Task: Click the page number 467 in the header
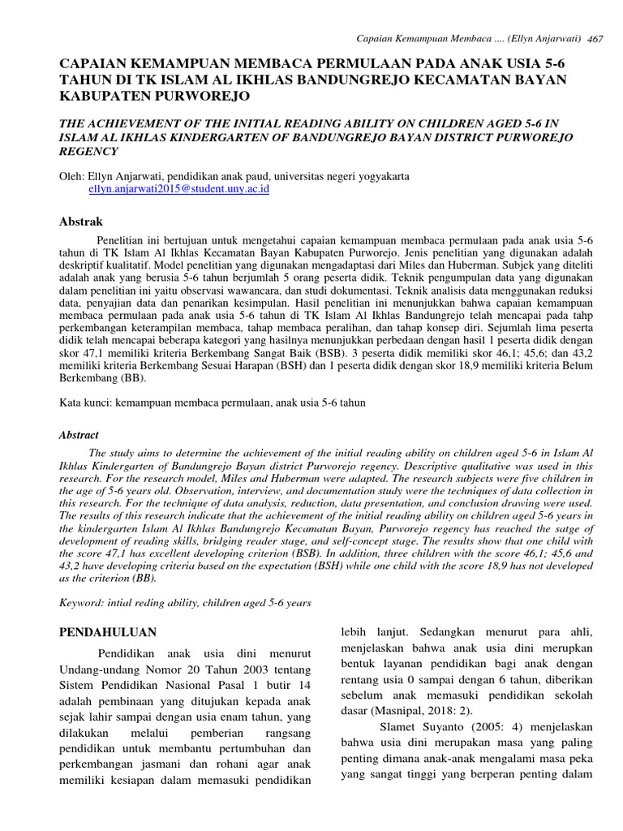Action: (x=595, y=40)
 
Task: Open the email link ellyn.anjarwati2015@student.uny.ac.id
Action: (x=178, y=188)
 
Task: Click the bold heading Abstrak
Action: (x=82, y=221)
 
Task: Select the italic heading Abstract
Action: (x=79, y=435)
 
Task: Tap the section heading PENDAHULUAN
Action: (x=109, y=631)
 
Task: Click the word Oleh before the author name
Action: (x=72, y=175)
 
